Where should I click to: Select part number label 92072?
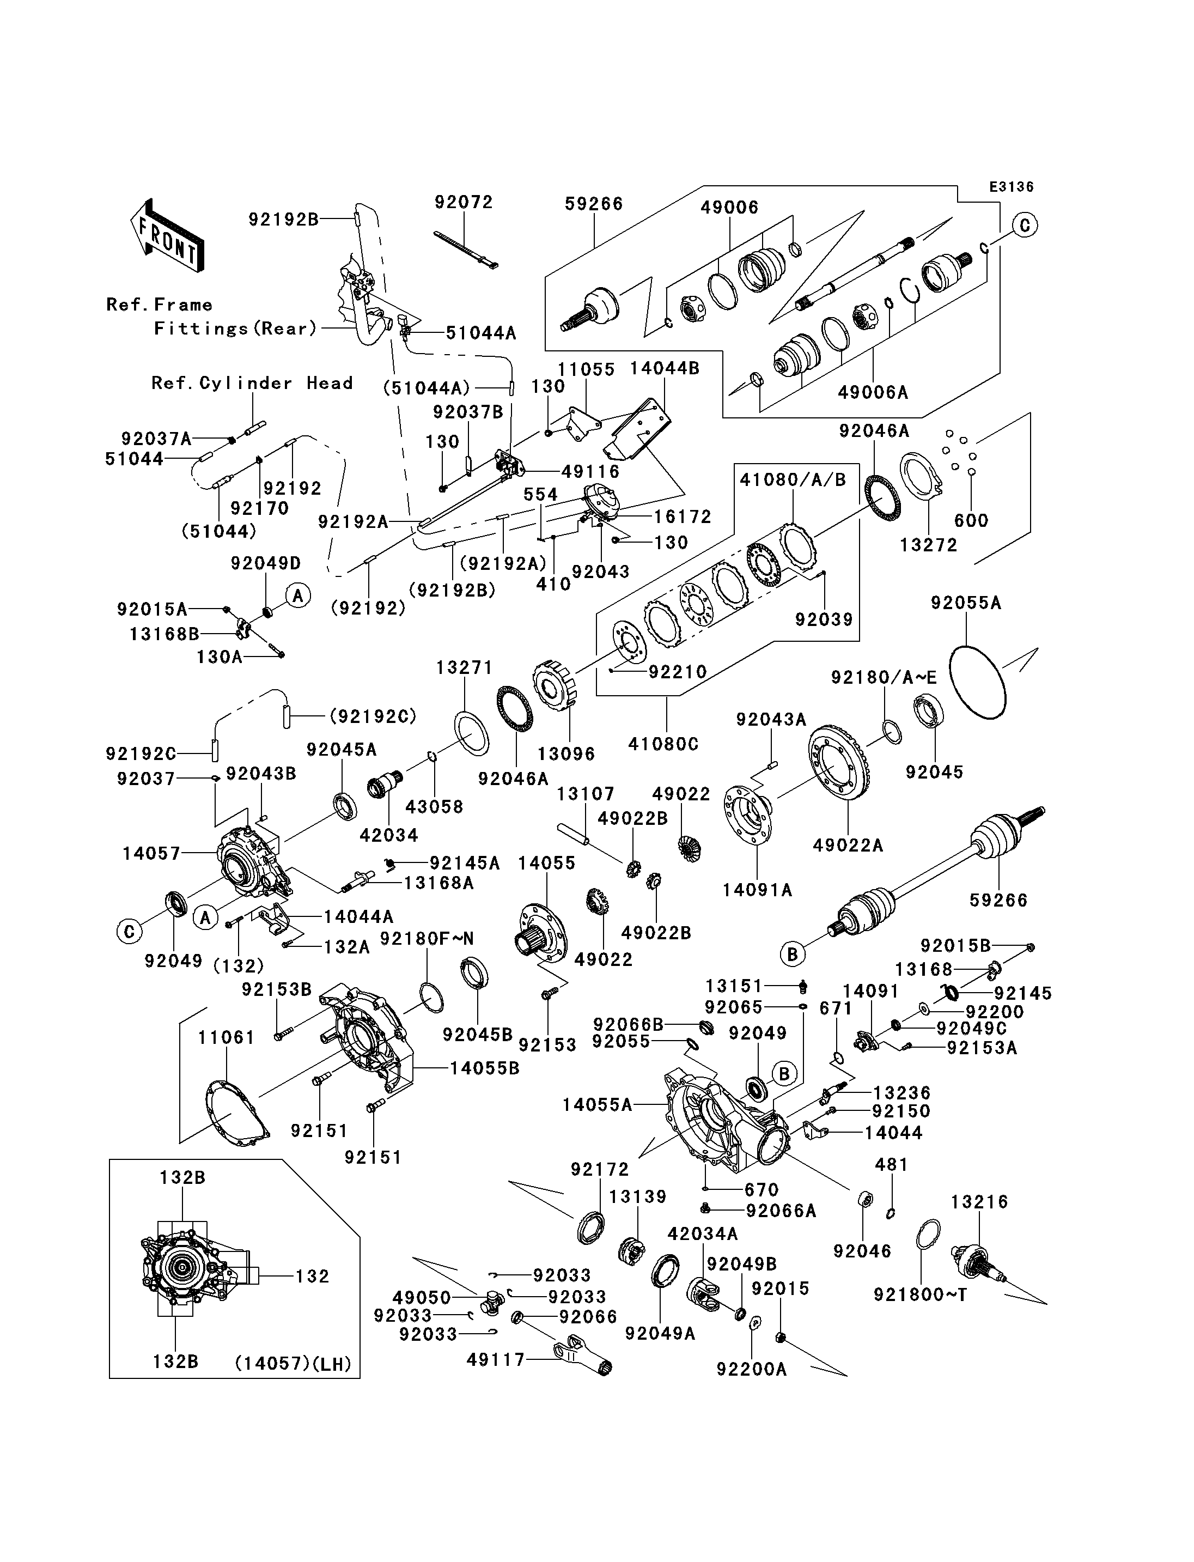[464, 203]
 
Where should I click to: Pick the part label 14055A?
[597, 1105]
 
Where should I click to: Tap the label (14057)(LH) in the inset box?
[294, 1364]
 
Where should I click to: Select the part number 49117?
[495, 1359]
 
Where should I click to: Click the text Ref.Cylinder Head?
[252, 383]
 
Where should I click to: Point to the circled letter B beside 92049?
[784, 1073]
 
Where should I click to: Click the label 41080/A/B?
[793, 480]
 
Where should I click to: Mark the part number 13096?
[566, 753]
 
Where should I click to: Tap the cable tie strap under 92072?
[466, 250]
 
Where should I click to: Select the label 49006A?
[873, 392]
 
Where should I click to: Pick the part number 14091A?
[757, 890]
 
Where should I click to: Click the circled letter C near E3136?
[1024, 226]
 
